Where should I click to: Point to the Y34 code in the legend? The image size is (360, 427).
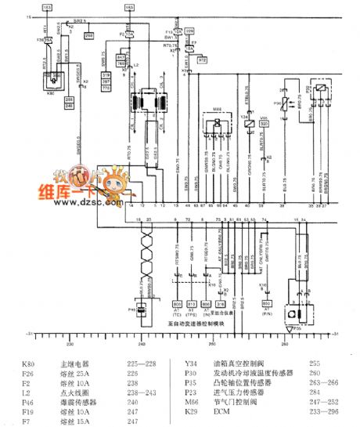pos(190,364)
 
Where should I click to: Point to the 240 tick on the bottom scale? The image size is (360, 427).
pos(141,343)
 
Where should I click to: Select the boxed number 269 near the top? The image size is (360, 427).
pos(88,36)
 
